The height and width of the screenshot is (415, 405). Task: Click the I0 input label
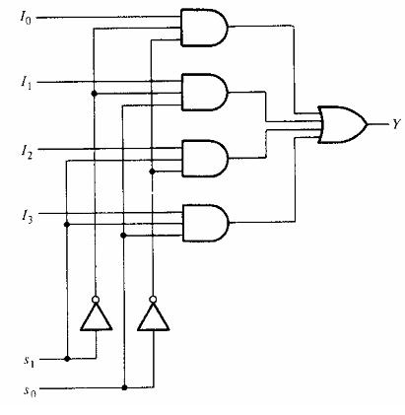pos(26,18)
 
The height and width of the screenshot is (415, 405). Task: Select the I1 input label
pos(27,82)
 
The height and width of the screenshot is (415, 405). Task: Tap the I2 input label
pos(27,151)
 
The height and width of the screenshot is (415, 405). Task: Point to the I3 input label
pos(27,217)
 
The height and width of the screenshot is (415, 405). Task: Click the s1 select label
pos(29,361)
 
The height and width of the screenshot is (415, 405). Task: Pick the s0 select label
pos(30,390)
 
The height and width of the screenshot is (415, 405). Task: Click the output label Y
pos(396,124)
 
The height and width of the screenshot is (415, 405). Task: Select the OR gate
pos(342,124)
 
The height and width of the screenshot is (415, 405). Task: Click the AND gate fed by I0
pos(204,28)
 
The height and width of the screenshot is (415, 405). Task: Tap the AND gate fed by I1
pos(205,92)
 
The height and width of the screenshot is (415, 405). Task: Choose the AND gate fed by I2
pos(205,159)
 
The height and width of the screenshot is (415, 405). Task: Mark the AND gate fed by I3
pos(206,223)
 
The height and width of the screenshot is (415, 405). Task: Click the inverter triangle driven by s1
pos(97,316)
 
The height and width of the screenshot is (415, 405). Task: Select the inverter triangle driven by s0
pos(154,316)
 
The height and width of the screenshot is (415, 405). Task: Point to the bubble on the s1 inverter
pos(96,300)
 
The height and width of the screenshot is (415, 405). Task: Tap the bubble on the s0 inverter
pos(153,300)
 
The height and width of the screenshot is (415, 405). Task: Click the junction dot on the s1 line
pos(67,359)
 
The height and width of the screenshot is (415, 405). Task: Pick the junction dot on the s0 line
pos(124,387)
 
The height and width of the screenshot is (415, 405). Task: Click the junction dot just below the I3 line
pos(67,225)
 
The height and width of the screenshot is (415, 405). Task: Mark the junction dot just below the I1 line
pos(94,94)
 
